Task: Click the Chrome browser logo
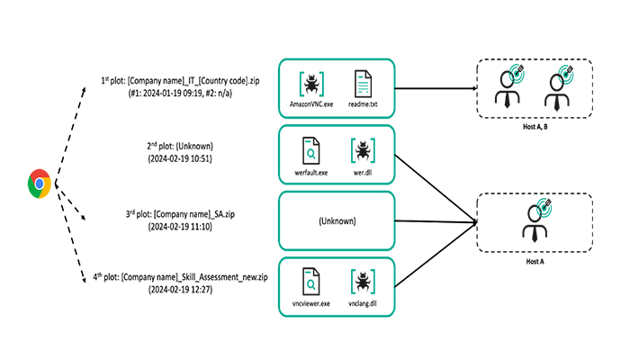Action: click(39, 184)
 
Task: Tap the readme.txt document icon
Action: click(364, 85)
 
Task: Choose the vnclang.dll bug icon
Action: click(364, 282)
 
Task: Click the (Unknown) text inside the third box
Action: click(337, 220)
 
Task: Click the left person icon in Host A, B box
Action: click(507, 86)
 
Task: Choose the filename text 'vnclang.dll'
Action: click(364, 304)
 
